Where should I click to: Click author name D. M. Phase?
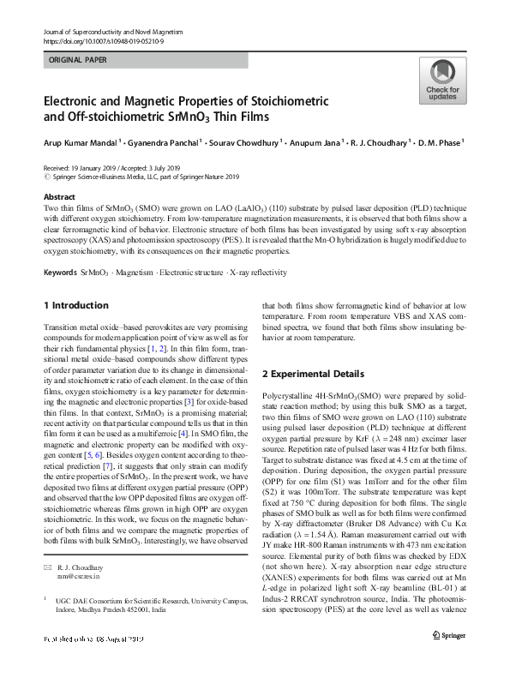pos(439,143)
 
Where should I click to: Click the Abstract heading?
pos(58,196)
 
